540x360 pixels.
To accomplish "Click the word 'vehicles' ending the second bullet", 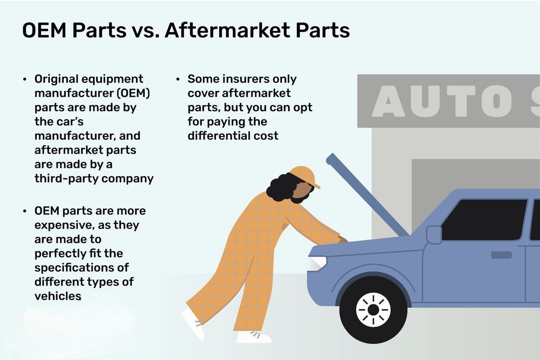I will point(58,296).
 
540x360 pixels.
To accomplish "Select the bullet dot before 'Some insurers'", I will point(178,79).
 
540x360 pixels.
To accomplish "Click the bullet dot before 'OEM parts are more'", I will point(25,211).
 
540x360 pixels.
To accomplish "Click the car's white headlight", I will point(318,262).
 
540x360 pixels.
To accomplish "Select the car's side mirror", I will point(434,235).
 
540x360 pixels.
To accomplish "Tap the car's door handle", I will point(501,255).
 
